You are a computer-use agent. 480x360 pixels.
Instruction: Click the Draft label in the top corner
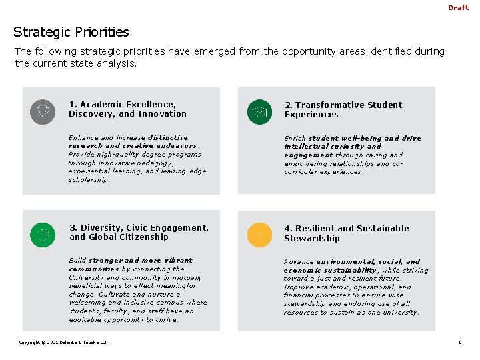[458, 8]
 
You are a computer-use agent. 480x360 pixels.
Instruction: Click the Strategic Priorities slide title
[71, 32]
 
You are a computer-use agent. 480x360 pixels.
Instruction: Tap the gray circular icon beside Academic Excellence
[43, 111]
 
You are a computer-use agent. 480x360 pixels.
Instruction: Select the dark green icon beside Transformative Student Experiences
[259, 111]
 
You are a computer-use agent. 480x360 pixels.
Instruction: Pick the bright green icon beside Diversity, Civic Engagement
[43, 234]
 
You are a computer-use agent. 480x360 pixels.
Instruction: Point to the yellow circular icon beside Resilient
[259, 234]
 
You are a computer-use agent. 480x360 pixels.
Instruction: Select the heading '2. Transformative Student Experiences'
[343, 110]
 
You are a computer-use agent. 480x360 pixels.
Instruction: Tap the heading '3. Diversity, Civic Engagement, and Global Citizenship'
[139, 233]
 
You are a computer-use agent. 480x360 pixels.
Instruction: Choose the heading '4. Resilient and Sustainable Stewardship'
[346, 233]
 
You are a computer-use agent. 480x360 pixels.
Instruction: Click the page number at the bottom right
[460, 343]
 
